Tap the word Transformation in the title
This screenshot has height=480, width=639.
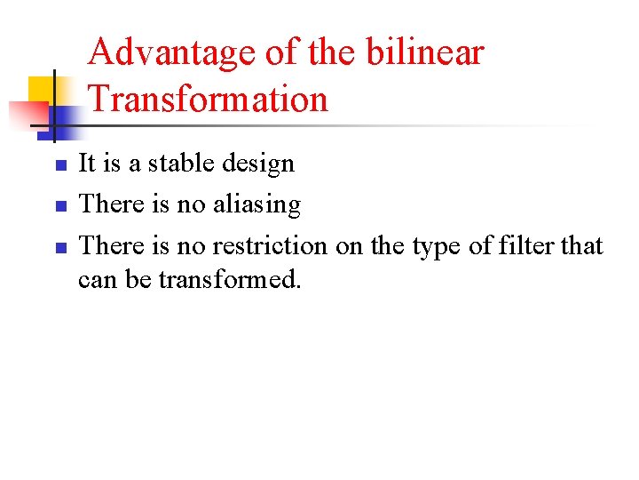point(209,99)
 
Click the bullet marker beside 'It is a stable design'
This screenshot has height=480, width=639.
point(60,165)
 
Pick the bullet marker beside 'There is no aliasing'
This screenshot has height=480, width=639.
point(60,206)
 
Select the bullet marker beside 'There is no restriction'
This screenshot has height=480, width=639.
point(60,247)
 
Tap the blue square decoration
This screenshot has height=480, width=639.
point(65,119)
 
